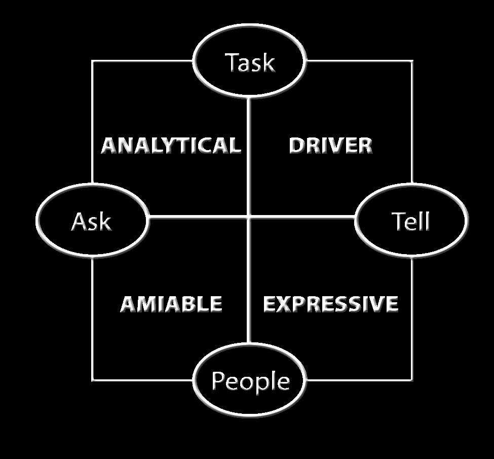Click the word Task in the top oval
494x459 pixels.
[250, 63]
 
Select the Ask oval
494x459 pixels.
[92, 221]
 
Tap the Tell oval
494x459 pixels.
[411, 221]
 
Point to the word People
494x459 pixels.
[250, 381]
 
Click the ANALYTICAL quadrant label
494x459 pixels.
[170, 146]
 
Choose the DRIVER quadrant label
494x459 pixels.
[330, 146]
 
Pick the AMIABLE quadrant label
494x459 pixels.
[171, 304]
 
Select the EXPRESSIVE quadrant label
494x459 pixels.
[331, 304]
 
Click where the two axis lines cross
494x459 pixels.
[248, 218]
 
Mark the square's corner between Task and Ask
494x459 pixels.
[92, 61]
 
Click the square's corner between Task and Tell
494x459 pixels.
[411, 61]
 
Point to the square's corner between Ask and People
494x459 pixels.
[92, 379]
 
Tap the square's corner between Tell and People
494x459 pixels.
[411, 379]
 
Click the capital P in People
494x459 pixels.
[218, 380]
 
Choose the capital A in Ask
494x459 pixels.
[79, 221]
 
